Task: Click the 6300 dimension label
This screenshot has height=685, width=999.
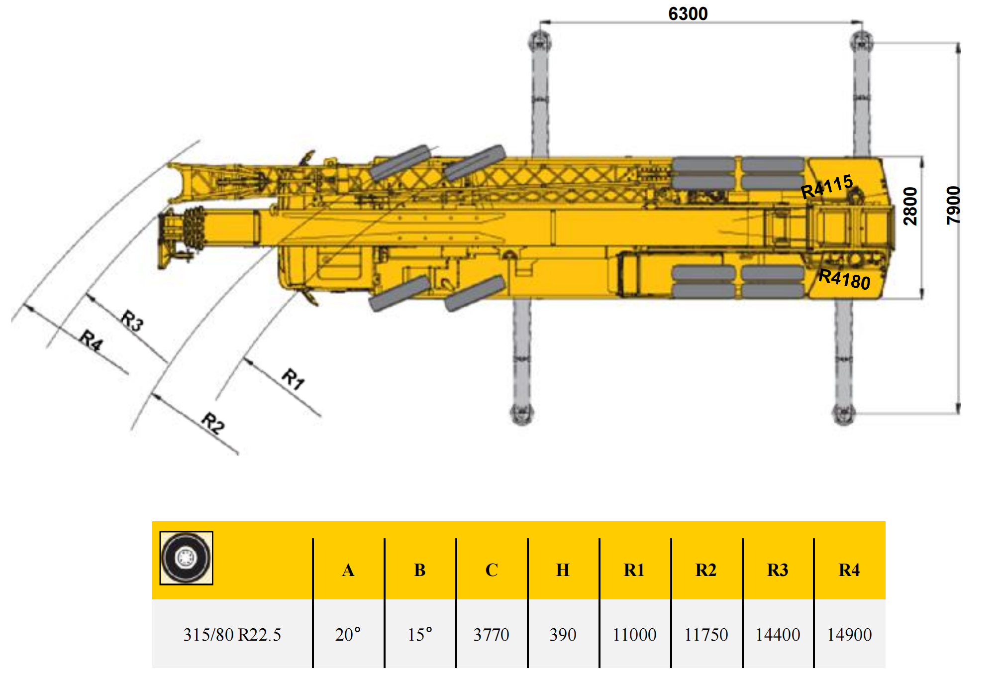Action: [688, 13]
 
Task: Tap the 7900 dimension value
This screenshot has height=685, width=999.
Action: [953, 206]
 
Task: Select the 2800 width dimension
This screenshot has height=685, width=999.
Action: [910, 206]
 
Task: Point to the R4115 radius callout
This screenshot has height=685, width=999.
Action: [827, 186]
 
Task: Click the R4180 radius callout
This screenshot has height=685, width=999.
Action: [844, 279]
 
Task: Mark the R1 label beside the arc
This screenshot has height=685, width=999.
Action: [293, 379]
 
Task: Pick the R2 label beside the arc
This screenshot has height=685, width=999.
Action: [213, 423]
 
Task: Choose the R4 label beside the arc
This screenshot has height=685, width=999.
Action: [92, 341]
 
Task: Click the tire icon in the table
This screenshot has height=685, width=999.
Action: [186, 558]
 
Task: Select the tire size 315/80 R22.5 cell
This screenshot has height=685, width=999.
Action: [232, 635]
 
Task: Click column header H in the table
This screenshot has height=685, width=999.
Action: [563, 570]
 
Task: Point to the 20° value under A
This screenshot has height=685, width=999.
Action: [348, 635]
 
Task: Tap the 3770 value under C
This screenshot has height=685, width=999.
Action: [491, 635]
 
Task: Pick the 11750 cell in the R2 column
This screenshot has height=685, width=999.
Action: [706, 635]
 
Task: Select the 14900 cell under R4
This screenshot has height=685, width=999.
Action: [849, 635]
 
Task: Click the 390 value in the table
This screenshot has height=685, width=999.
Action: [563, 635]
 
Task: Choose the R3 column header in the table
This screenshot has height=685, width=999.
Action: [778, 570]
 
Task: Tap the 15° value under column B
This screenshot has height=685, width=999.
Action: [420, 635]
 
